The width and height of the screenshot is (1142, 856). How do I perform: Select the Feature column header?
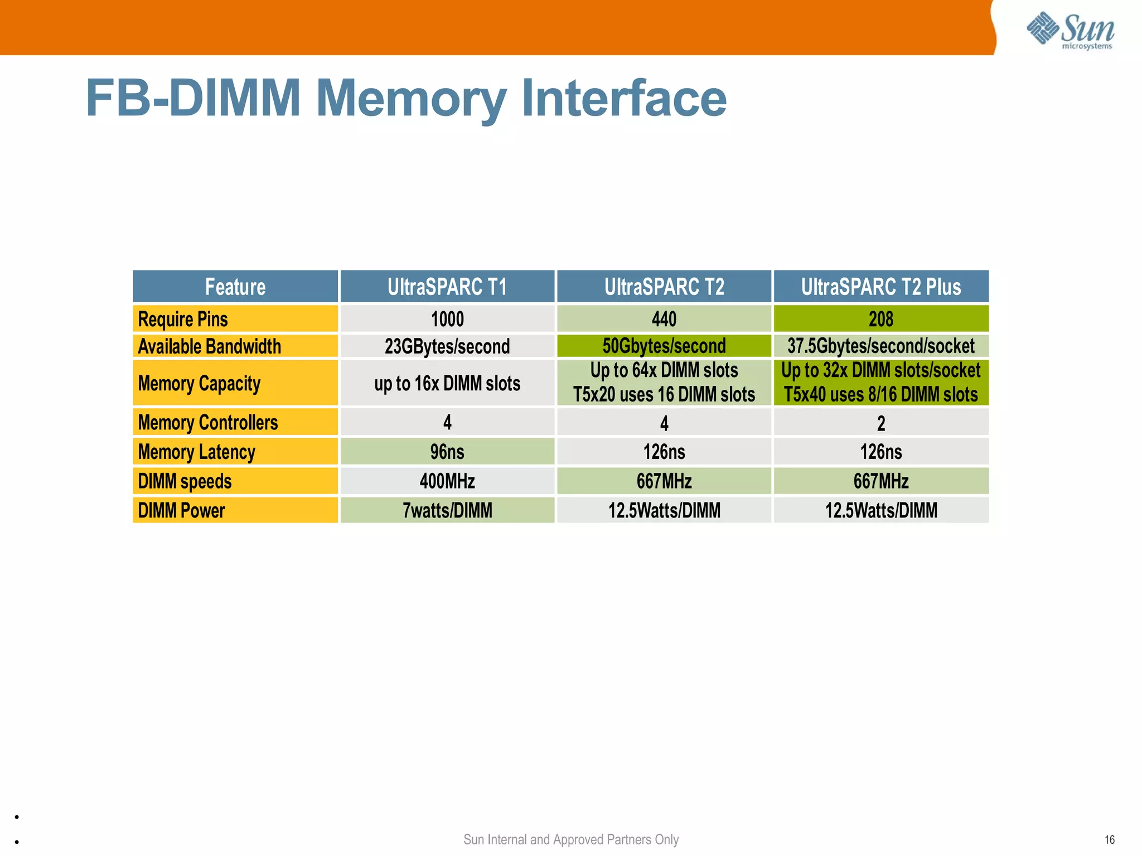235,287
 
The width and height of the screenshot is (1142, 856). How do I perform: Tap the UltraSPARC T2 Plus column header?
880,287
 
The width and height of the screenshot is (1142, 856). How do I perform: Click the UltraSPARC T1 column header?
447,287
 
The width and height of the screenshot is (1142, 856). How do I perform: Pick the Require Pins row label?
183,319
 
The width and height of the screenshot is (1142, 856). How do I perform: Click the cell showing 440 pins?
664,319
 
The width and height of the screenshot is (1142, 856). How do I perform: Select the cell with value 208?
880,319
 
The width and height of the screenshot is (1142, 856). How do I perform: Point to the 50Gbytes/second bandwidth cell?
664,346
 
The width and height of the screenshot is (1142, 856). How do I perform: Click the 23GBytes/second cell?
447,346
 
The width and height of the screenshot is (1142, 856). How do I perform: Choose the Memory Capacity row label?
199,383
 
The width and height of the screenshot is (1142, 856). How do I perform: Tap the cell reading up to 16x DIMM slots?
447,383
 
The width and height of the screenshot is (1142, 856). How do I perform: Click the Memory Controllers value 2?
880,423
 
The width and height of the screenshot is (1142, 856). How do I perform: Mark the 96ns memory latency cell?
447,451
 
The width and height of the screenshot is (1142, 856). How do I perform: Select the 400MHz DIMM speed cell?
447,481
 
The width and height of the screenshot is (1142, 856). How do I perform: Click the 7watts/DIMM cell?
447,510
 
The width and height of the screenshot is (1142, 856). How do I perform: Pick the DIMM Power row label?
181,510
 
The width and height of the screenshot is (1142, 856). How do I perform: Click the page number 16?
1109,839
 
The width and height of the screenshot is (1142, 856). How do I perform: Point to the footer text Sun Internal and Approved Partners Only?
570,839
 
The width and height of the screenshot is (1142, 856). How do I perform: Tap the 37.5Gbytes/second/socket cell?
880,346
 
